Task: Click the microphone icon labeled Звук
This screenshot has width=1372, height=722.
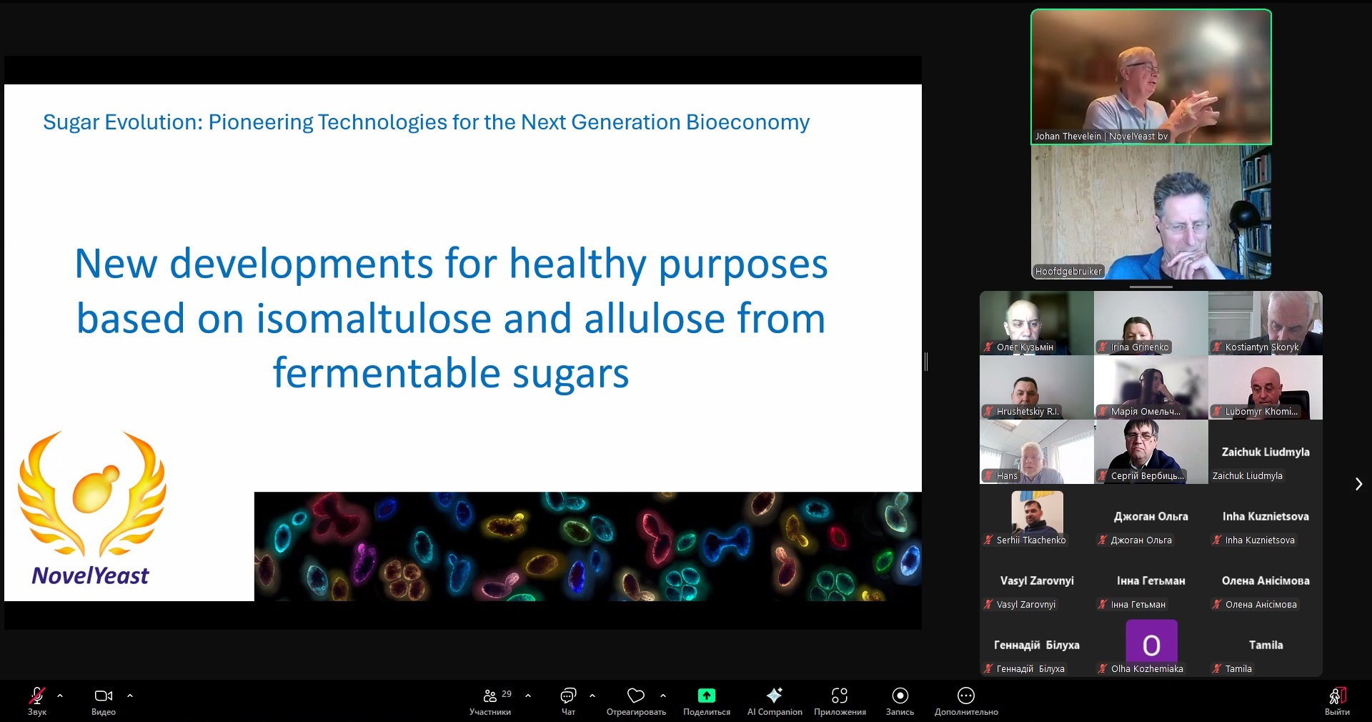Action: (x=37, y=696)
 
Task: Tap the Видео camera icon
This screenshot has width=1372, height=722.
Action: (x=104, y=696)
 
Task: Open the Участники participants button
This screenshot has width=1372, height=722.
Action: (x=490, y=696)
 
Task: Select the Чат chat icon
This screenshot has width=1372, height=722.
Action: (x=568, y=696)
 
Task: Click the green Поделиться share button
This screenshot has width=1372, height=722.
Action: (x=706, y=696)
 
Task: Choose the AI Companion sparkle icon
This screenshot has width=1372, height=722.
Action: (x=775, y=696)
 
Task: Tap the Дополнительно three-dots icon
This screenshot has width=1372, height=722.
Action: (x=966, y=696)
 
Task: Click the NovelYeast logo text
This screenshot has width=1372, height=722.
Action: (x=91, y=575)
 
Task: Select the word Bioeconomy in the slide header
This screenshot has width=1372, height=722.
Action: (x=747, y=122)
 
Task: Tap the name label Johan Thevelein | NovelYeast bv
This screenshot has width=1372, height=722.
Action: (x=1101, y=136)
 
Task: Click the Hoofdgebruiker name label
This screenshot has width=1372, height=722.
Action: (x=1069, y=271)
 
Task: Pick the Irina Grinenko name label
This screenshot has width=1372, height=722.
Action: (x=1140, y=347)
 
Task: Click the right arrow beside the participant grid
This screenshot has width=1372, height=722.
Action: (x=1358, y=484)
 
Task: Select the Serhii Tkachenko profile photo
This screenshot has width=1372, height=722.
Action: (x=1037, y=512)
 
